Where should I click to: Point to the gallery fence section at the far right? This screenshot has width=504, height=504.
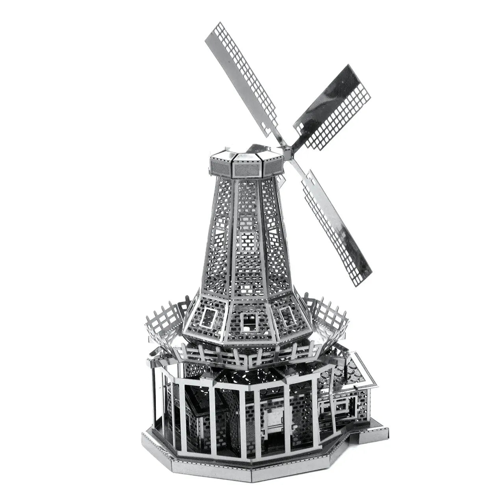[x=333, y=311]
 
